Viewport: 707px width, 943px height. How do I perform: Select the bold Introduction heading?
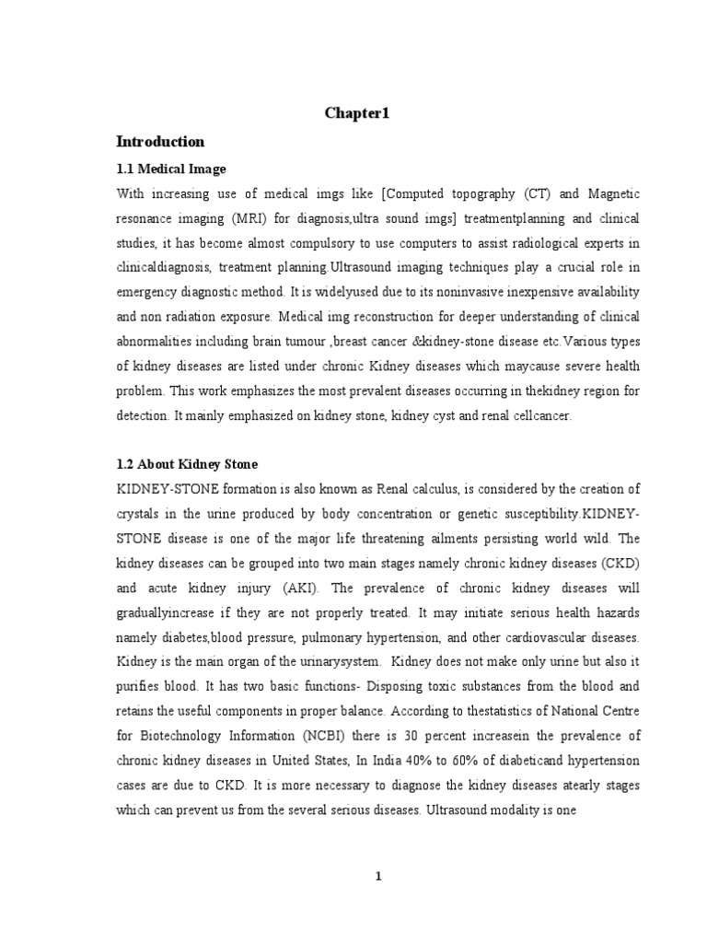[160, 142]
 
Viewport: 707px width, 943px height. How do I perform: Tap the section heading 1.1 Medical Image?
[170, 169]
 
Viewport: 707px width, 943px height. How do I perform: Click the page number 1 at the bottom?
[377, 877]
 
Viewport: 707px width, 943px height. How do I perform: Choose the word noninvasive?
[442, 291]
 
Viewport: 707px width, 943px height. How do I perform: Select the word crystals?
[142, 514]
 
